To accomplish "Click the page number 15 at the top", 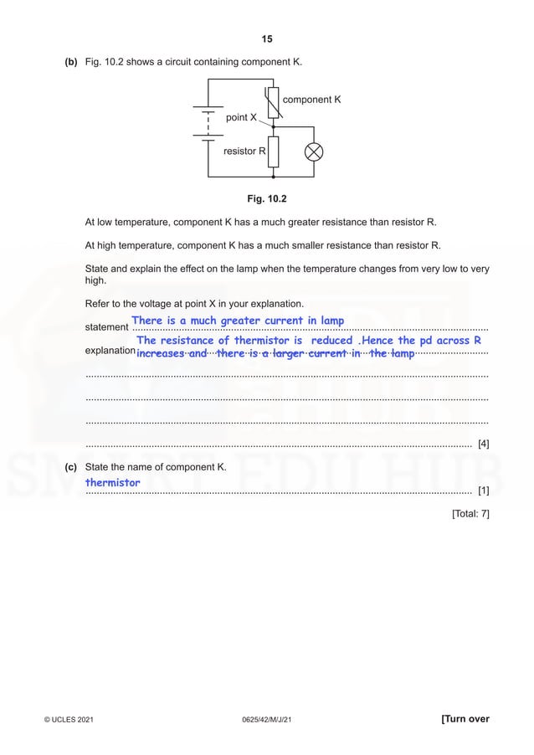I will (x=267, y=39).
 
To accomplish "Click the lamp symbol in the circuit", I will (x=316, y=152).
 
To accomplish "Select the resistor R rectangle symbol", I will (x=274, y=152).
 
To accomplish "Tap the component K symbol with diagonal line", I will (x=274, y=102).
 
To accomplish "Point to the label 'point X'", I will (x=242, y=117).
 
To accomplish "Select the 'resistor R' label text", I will (x=244, y=152).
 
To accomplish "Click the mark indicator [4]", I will (x=483, y=444).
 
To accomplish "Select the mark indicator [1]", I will (x=483, y=489).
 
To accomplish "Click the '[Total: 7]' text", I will (x=470, y=512).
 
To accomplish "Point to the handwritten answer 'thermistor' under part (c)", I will (x=113, y=482).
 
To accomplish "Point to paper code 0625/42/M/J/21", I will (x=267, y=720).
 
